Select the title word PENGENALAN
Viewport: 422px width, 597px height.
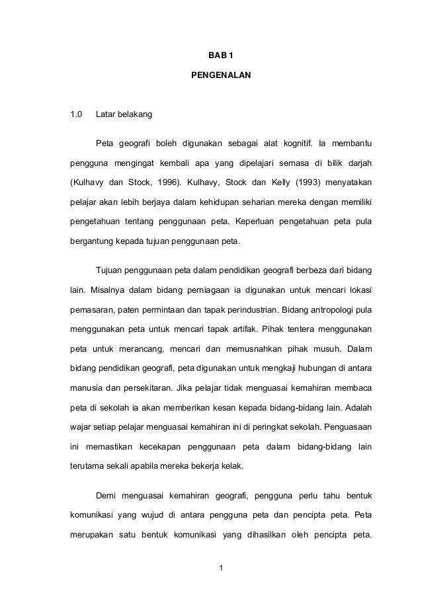point(221,77)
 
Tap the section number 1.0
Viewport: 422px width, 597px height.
point(77,116)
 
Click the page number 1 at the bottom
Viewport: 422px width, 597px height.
point(221,567)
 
